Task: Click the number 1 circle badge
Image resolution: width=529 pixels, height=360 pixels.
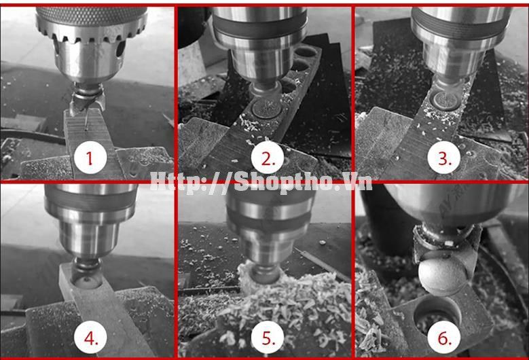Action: point(90,158)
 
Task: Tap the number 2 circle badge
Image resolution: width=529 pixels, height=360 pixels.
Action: point(268,158)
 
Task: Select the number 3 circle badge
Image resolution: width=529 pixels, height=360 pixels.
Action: point(444,158)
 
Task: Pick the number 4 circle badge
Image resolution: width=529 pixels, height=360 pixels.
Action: point(90,337)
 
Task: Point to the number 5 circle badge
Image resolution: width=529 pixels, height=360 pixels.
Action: point(268,337)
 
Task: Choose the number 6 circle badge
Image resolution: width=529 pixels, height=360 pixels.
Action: point(444,337)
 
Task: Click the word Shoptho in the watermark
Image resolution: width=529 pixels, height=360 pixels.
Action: point(285,183)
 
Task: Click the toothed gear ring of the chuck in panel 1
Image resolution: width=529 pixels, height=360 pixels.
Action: point(91,33)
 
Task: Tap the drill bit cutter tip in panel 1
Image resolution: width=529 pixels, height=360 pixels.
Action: point(87,101)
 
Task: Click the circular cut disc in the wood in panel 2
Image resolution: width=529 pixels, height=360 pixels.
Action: point(267,108)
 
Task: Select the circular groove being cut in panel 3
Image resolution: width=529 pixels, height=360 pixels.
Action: point(446,101)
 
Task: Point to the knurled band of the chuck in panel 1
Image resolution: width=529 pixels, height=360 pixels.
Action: point(92,14)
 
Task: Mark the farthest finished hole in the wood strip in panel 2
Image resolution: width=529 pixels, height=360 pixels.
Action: point(306,52)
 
